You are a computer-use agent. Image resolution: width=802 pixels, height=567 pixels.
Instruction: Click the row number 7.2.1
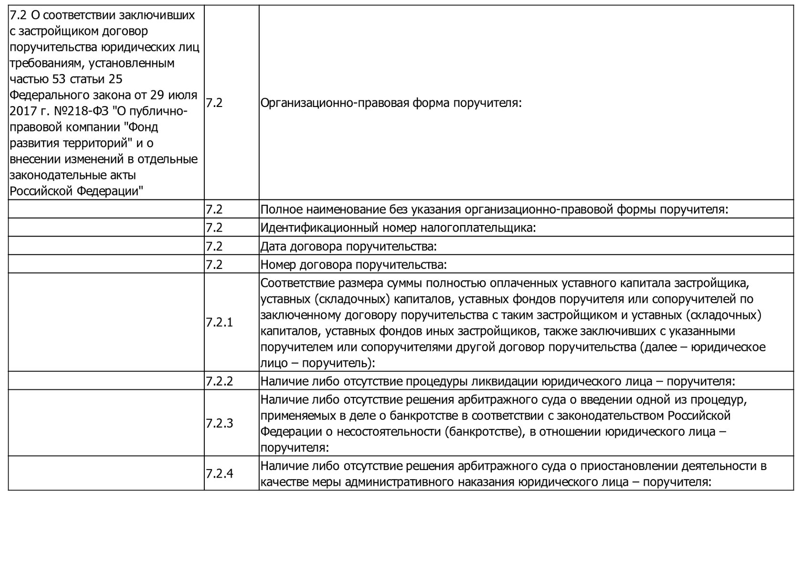(x=220, y=322)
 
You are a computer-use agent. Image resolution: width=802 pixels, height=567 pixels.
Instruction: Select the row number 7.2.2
(x=220, y=381)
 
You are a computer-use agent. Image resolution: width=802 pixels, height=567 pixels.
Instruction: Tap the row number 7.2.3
(x=220, y=423)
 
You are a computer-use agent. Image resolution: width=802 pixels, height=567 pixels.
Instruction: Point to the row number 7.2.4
(x=220, y=474)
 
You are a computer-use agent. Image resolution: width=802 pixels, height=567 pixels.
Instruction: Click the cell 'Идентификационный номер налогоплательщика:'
(x=399, y=228)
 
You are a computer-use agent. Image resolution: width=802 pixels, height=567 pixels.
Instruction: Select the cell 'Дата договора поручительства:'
(x=349, y=246)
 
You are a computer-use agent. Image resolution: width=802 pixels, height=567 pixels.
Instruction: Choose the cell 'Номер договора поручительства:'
(x=353, y=265)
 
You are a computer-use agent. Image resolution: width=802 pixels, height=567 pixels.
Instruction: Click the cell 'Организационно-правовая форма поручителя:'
(x=391, y=103)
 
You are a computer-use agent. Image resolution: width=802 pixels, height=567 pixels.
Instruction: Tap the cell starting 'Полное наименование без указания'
(x=494, y=210)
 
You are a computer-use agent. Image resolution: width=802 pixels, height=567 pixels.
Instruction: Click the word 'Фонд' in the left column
(x=143, y=127)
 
